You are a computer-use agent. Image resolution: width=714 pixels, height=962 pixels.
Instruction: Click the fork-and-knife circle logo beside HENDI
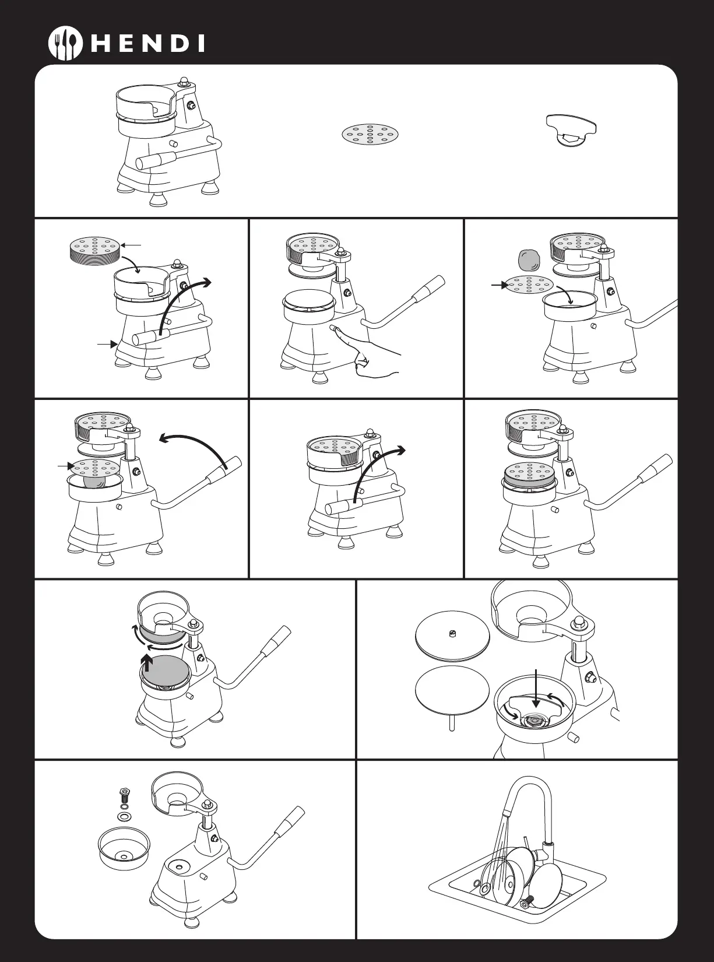click(65, 44)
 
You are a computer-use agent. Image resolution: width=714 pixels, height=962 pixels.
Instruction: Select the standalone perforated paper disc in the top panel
click(370, 135)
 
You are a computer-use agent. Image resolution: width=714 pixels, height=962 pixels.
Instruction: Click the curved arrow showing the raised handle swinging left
click(193, 447)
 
